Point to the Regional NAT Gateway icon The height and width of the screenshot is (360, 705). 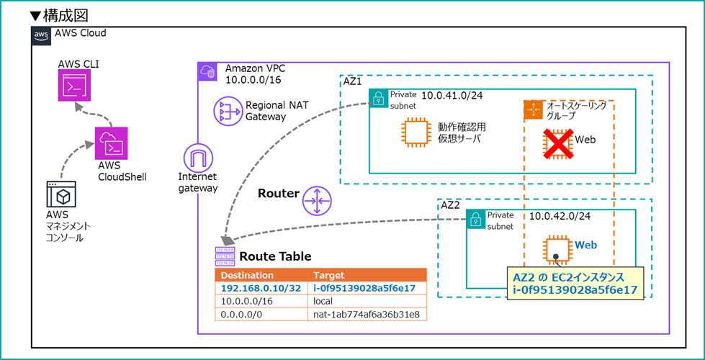[228, 112]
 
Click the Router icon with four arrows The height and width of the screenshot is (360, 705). [316, 198]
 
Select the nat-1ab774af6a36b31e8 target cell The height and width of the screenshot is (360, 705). [367, 314]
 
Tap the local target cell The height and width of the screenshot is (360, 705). [325, 301]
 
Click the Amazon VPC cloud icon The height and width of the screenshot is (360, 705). [207, 71]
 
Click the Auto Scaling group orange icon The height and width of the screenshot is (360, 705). [534, 109]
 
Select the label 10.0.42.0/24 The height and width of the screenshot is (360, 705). [560, 216]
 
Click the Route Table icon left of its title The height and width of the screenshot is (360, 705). [225, 256]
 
